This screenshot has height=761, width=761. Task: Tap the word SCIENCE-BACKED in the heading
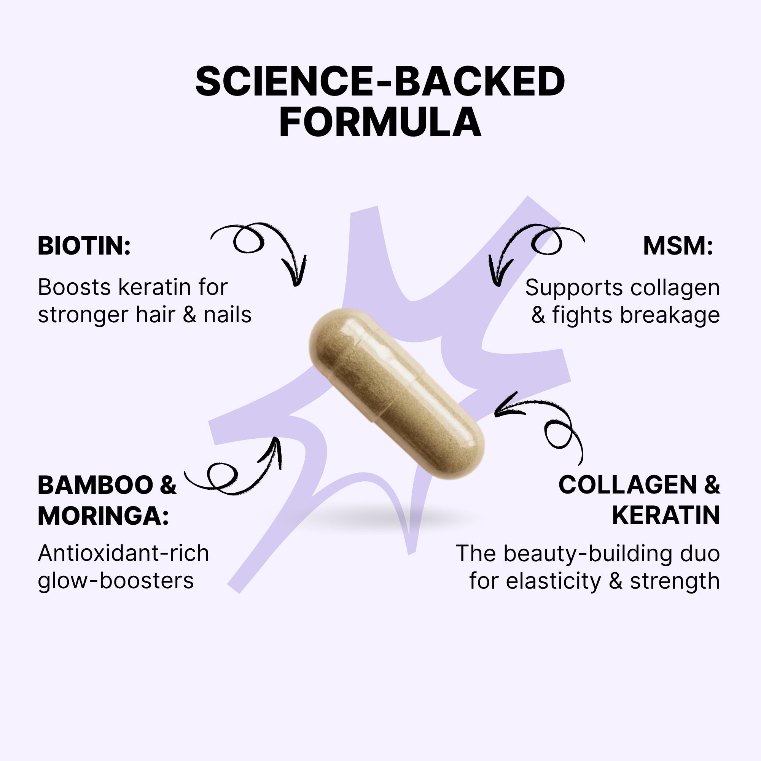pyautogui.click(x=380, y=81)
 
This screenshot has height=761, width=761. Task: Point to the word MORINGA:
pyautogui.click(x=103, y=516)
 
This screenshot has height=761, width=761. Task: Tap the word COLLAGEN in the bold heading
pyautogui.click(x=628, y=485)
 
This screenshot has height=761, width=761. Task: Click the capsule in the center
pyautogui.click(x=396, y=394)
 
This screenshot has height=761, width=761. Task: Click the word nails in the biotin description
pyautogui.click(x=228, y=315)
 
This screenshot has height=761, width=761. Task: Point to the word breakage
pyautogui.click(x=670, y=316)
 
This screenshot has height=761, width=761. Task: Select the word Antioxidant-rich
pyautogui.click(x=123, y=553)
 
